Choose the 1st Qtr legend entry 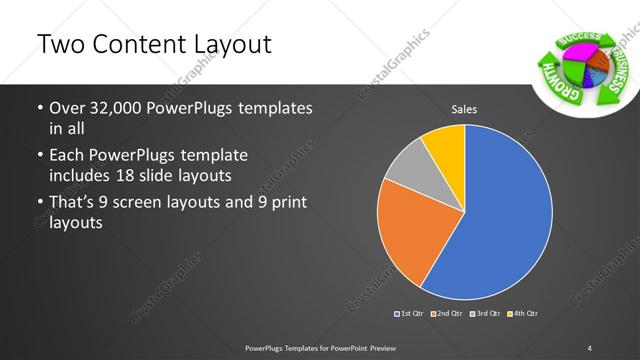point(411,315)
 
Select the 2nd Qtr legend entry point(446,315)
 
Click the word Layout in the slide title point(226,44)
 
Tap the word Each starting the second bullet point(67,155)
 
